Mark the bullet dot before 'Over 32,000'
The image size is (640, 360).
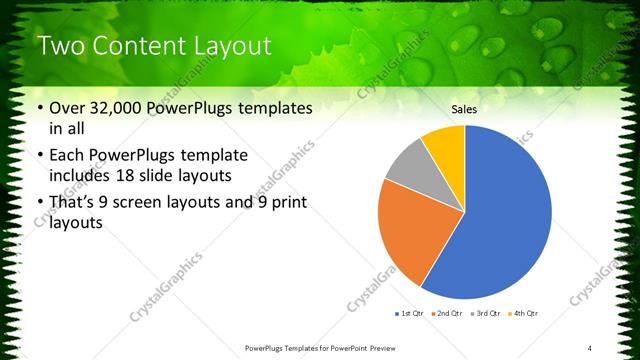click(x=39, y=109)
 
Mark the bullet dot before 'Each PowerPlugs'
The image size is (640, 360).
click(x=39, y=156)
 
